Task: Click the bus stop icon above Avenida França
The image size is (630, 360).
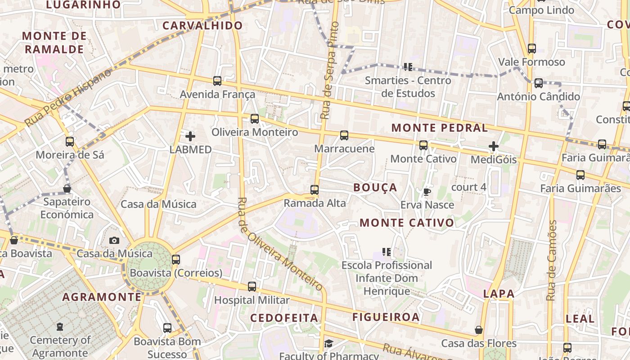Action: pyautogui.click(x=217, y=81)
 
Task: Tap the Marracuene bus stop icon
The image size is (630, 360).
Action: pyautogui.click(x=344, y=135)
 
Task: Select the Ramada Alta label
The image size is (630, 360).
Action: pyautogui.click(x=315, y=203)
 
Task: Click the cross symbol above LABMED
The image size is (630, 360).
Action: pyautogui.click(x=190, y=136)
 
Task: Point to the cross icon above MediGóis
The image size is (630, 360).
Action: pyautogui.click(x=494, y=146)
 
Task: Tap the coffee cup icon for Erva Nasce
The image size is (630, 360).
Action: pyautogui.click(x=427, y=192)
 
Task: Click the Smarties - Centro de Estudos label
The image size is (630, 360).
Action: pyautogui.click(x=408, y=87)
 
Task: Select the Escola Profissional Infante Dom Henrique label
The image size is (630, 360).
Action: pyautogui.click(x=387, y=278)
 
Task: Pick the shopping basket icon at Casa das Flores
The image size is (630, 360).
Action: pyautogui.click(x=479, y=330)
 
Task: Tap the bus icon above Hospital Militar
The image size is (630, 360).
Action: pyautogui.click(x=252, y=287)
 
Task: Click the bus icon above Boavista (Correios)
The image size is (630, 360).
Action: pyautogui.click(x=176, y=260)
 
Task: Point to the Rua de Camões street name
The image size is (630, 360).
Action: pyautogui.click(x=552, y=261)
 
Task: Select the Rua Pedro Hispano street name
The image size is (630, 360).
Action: pyautogui.click(x=67, y=98)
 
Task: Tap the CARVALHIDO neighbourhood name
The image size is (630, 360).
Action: pyautogui.click(x=202, y=26)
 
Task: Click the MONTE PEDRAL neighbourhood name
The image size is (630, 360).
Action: pyautogui.click(x=439, y=128)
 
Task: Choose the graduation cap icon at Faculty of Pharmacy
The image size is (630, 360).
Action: pyautogui.click(x=328, y=344)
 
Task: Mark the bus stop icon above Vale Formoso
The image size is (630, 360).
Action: pyautogui.click(x=532, y=49)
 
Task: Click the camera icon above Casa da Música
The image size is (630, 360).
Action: pyautogui.click(x=114, y=241)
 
